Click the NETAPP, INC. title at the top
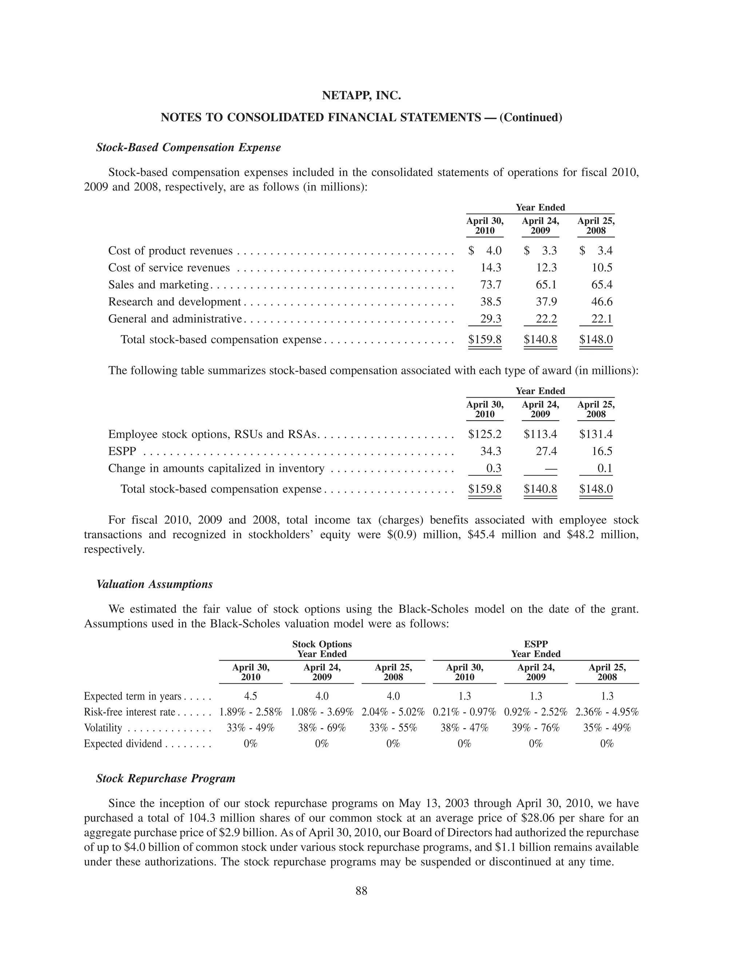click(361, 95)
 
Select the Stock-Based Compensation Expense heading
click(188, 147)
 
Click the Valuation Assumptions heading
click(155, 585)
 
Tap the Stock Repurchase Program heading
click(166, 778)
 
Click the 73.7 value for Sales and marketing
click(490, 285)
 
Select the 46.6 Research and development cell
click(602, 302)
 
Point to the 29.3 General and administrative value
click(490, 319)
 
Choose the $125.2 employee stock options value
click(485, 434)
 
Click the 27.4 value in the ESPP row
click(546, 451)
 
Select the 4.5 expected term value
click(250, 696)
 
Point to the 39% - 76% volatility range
click(535, 728)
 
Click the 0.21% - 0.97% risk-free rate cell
click(464, 712)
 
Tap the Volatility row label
click(103, 728)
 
